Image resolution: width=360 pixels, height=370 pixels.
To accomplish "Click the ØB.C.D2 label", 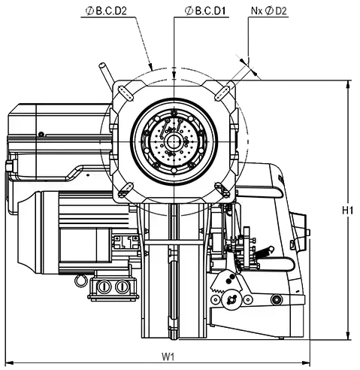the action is point(106,11).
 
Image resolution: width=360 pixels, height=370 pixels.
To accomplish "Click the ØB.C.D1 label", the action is point(205,11).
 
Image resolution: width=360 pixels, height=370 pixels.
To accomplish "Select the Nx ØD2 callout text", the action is point(268,11).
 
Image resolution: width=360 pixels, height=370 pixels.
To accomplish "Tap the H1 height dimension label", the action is point(347,211).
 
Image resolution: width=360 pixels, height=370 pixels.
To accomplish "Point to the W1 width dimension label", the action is point(168,356).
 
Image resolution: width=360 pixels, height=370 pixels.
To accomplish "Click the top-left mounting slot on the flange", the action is point(125,93).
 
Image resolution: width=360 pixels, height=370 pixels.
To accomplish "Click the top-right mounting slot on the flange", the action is point(222,93).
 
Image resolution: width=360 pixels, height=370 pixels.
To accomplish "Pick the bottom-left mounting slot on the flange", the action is point(126,190).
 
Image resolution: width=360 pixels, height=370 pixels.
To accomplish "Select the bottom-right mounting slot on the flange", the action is point(222,190).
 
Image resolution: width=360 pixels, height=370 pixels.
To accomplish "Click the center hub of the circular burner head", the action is point(173,142).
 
